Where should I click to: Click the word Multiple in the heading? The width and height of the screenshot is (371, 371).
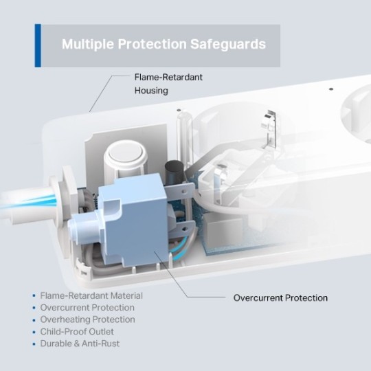(x=88, y=44)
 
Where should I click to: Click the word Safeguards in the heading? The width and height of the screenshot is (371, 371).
(x=228, y=44)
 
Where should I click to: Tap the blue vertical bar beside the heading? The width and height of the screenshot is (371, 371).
(x=38, y=45)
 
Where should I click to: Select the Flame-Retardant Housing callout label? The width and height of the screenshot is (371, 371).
(x=168, y=84)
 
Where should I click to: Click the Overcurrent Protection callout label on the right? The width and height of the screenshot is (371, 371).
(x=280, y=298)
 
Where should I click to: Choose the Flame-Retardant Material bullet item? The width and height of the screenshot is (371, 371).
(x=91, y=295)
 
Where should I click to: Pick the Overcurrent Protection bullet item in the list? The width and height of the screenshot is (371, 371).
(x=87, y=308)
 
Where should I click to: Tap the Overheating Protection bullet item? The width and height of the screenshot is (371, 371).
(x=87, y=319)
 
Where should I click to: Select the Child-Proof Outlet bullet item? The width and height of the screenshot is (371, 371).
(x=77, y=332)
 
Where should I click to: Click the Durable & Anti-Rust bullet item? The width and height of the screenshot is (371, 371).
(x=80, y=344)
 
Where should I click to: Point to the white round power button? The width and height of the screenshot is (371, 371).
(x=125, y=154)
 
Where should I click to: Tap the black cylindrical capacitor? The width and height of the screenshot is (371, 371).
(x=175, y=171)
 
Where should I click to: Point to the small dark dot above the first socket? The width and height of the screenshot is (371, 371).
(x=179, y=110)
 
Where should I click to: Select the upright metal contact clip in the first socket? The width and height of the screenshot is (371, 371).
(x=269, y=132)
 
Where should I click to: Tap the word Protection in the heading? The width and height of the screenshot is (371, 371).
(x=152, y=44)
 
